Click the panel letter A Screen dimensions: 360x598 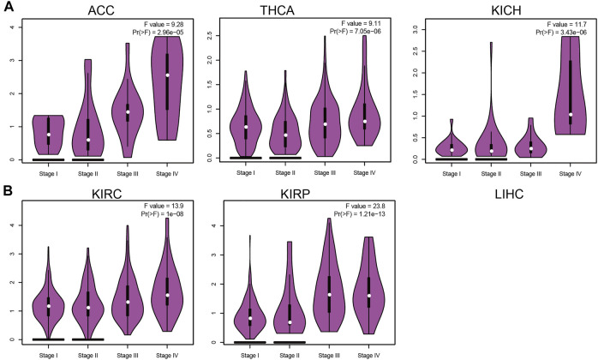coord(7,9)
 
